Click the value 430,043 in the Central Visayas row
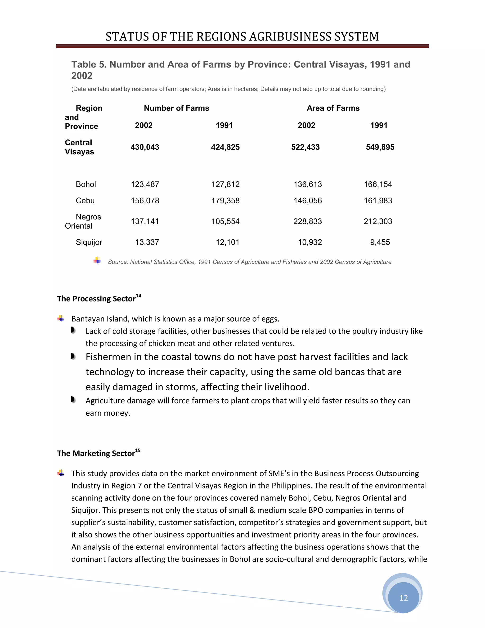145,147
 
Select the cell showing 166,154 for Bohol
378,184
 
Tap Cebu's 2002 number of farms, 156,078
145,201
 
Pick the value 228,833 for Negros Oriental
307,221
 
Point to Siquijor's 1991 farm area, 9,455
380,242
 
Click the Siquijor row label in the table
89,242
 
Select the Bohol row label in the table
86,184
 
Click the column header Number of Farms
176,108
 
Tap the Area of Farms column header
333,108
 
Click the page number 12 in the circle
403,598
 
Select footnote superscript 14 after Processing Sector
139,296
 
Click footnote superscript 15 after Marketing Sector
138,450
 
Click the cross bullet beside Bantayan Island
61,318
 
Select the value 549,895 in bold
380,147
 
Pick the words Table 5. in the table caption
89,64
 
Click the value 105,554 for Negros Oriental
225,221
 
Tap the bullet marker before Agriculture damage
73,400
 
